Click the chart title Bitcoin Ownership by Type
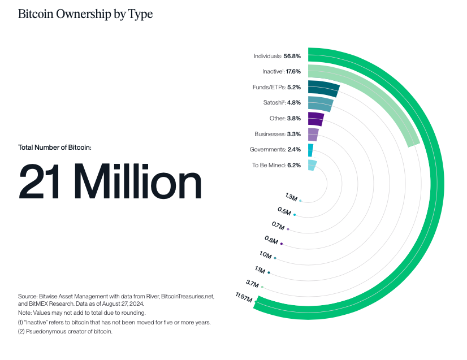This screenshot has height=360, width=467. pyautogui.click(x=85, y=14)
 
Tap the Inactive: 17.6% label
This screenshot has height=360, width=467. pyautogui.click(x=282, y=72)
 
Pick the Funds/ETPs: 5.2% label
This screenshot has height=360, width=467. pyautogui.click(x=276, y=88)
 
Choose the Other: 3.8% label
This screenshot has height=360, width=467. pyautogui.click(x=286, y=119)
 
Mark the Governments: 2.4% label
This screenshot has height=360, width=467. pyautogui.click(x=275, y=149)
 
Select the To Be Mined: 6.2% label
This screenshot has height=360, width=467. pyautogui.click(x=276, y=165)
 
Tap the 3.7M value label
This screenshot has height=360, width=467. pyautogui.click(x=252, y=283)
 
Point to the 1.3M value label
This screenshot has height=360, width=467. pyautogui.click(x=291, y=197)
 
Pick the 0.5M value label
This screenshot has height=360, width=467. pyautogui.click(x=284, y=211)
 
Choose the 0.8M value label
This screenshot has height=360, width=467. pyautogui.click(x=271, y=240)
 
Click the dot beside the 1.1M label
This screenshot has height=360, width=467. pyautogui.click(x=269, y=273)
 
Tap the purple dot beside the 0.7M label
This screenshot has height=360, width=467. pyautogui.click(x=288, y=229)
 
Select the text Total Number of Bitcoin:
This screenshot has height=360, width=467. pyautogui.click(x=55, y=148)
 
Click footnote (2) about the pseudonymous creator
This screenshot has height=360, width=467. pyautogui.click(x=66, y=332)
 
